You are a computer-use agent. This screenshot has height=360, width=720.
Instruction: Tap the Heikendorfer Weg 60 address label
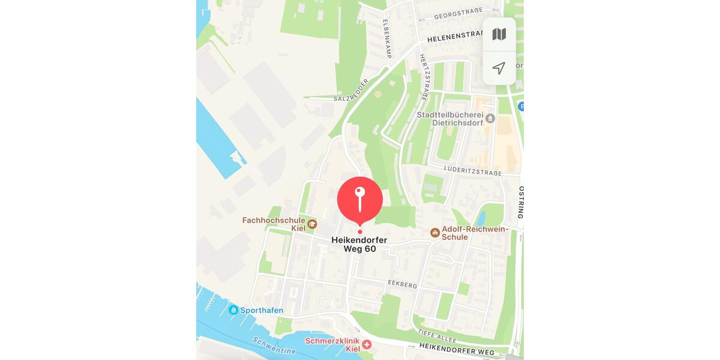point(359,244)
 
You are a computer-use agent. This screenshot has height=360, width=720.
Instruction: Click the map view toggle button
point(499,34)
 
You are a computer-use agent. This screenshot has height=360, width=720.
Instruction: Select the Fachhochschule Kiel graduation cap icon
point(312,224)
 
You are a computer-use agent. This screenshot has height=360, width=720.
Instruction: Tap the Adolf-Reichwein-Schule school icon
point(435,232)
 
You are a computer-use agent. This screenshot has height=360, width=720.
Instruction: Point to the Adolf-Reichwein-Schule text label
point(475,233)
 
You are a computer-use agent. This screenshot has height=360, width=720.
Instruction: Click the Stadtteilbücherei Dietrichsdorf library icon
point(490,118)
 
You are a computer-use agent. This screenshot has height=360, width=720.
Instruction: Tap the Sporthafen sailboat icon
point(233,310)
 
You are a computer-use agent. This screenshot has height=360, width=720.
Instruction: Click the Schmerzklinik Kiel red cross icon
point(366,344)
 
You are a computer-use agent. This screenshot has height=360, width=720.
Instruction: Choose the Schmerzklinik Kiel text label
point(332,344)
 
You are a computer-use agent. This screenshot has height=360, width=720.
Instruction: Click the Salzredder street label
point(351,89)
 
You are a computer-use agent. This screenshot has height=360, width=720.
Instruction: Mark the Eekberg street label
point(402,284)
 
